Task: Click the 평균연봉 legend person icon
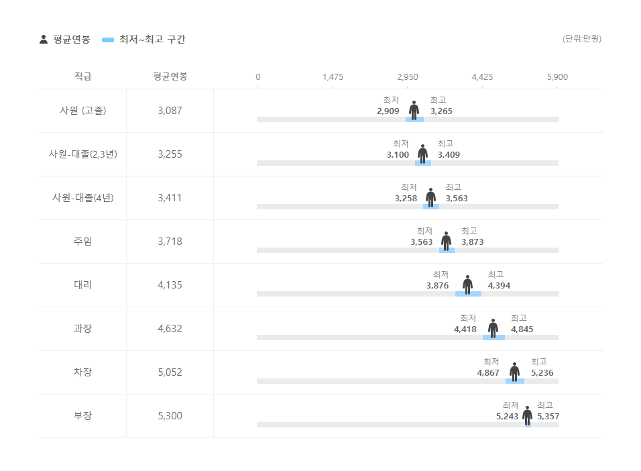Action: coord(44,40)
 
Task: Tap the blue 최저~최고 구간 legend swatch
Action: coord(108,40)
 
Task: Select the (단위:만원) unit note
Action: coord(581,39)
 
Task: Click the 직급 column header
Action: coord(82,76)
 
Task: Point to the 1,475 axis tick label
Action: coord(333,77)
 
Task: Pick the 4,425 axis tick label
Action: coord(482,77)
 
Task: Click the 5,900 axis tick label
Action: coord(557,77)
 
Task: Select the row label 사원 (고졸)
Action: coord(82,111)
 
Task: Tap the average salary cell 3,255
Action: coord(170,154)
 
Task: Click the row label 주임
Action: coord(82,242)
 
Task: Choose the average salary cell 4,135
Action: coord(170,285)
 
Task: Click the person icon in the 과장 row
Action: coord(493,328)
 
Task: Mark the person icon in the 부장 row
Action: coord(528,415)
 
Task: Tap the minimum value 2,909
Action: coord(388,111)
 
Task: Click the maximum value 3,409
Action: coord(449,155)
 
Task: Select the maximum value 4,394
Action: coord(499,286)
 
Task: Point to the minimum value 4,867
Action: coord(488,373)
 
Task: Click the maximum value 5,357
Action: coord(548,417)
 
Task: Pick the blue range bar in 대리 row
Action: coord(468,294)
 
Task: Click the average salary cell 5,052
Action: coord(170,372)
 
